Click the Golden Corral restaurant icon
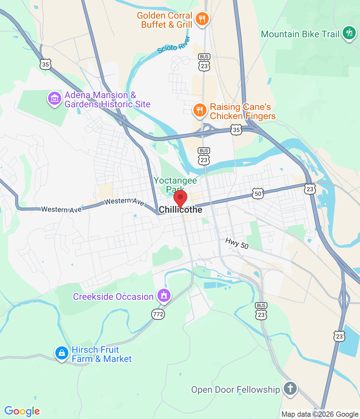[x=202, y=19]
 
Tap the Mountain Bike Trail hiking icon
[x=349, y=33]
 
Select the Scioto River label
[x=174, y=46]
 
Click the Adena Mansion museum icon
[x=54, y=98]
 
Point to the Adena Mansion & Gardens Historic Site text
[x=107, y=100]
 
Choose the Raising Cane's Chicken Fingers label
[x=243, y=112]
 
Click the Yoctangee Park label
[x=175, y=185]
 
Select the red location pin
[x=180, y=198]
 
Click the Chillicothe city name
[x=180, y=210]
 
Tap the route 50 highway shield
[x=258, y=193]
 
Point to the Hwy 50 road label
[x=237, y=244]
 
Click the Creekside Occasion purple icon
[x=164, y=296]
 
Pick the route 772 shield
[x=158, y=314]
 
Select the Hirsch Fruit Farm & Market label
[x=101, y=355]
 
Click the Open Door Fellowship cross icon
[x=290, y=389]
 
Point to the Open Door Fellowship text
[x=235, y=390]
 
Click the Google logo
[x=22, y=411]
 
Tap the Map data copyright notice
[x=320, y=414]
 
